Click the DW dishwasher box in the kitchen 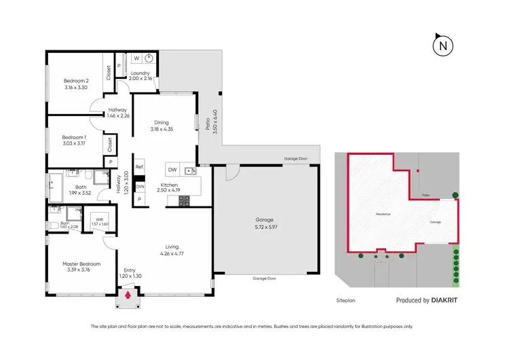pyautogui.click(x=172, y=169)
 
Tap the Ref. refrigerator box pyautogui.click(x=139, y=167)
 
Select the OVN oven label pyautogui.click(x=140, y=186)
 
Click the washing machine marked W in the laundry pyautogui.click(x=136, y=58)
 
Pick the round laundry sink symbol pyautogui.click(x=150, y=58)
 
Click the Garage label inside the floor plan pyautogui.click(x=264, y=219)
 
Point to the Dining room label pyautogui.click(x=161, y=123)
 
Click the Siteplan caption pyautogui.click(x=345, y=299)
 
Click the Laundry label pyautogui.click(x=140, y=73)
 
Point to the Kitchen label pyautogui.click(x=169, y=185)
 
